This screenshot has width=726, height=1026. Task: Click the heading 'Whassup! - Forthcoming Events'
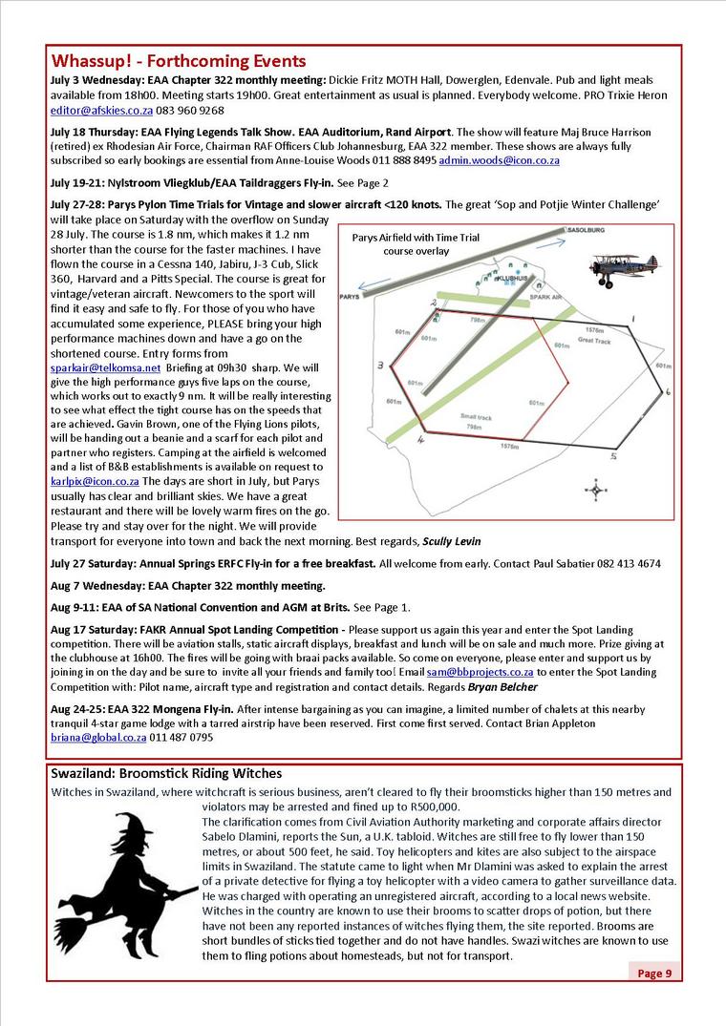[179, 61]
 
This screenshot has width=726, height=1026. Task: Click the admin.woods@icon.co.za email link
[499, 160]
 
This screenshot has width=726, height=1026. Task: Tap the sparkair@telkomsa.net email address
[106, 366]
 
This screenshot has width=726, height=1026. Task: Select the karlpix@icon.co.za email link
[95, 481]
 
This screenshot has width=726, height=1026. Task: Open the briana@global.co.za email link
[97, 738]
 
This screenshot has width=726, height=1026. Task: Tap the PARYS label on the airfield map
[350, 297]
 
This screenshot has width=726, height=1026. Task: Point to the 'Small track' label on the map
[475, 417]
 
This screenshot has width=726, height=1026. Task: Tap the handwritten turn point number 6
[668, 391]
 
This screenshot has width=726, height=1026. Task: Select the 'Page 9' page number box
[654, 973]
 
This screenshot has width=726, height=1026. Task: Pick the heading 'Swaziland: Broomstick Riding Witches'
[166, 773]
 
